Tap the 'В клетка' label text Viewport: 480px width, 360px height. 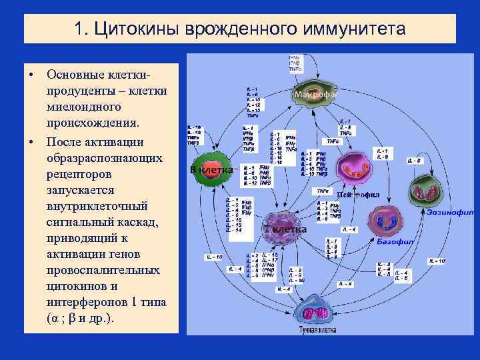click(211, 170)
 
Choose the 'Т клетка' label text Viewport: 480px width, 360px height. click(286, 229)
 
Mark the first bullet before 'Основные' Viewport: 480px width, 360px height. click(31, 72)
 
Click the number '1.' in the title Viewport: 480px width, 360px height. click(81, 30)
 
